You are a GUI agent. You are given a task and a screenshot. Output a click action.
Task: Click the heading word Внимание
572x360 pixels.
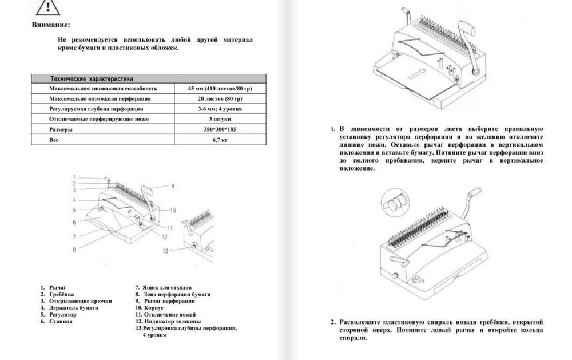(51, 25)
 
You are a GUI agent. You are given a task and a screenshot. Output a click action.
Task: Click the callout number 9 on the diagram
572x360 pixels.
(173, 186)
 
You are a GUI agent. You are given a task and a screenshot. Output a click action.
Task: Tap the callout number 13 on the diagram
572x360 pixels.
(166, 251)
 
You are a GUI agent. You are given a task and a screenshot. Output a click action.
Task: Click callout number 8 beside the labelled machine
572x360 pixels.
(74, 249)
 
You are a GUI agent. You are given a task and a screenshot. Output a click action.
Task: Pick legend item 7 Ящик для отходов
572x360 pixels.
(162, 287)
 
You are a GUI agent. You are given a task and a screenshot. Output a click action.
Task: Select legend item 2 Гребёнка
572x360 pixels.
(57, 294)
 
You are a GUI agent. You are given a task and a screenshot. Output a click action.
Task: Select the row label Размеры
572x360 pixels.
(59, 129)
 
